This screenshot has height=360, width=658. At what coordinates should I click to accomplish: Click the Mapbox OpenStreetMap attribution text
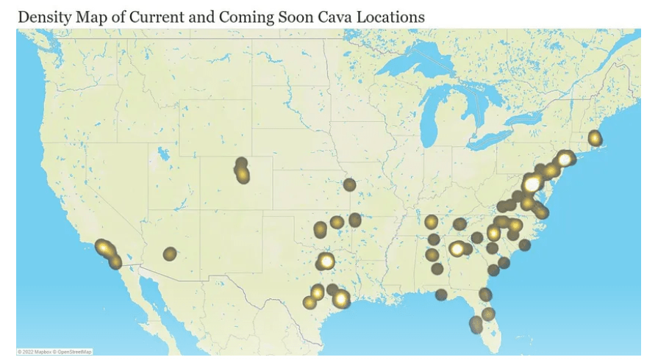click(x=55, y=352)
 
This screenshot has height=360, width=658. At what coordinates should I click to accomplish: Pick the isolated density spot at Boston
click(x=595, y=137)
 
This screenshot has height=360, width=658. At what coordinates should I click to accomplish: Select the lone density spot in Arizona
click(x=170, y=253)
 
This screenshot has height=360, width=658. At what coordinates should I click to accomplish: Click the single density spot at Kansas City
click(x=349, y=184)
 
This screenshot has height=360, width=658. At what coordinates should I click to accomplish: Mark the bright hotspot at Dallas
click(x=326, y=261)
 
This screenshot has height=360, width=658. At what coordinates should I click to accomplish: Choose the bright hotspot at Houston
click(x=341, y=298)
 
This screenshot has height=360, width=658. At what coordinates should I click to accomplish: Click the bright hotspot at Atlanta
click(x=457, y=249)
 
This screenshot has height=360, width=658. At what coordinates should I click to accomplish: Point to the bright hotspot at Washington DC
click(x=532, y=184)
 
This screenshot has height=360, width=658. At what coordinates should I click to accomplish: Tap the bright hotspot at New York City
click(x=565, y=159)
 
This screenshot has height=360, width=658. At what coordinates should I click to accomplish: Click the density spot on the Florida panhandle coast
click(x=441, y=295)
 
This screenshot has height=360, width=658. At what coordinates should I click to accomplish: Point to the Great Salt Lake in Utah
click(x=162, y=154)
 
